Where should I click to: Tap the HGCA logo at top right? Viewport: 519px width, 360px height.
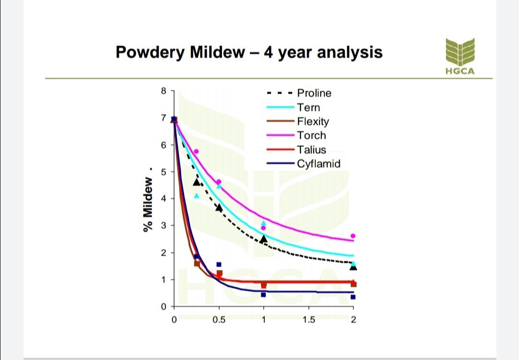pos(459,56)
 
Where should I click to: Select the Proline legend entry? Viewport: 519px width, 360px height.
pos(314,93)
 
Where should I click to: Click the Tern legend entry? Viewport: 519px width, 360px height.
pos(308,107)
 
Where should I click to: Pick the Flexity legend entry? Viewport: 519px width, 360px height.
pos(313,121)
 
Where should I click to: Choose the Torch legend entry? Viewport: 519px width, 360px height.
pos(311,136)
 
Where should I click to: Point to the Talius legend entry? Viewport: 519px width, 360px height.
pos(311,149)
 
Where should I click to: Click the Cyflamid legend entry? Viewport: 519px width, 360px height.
pos(318,163)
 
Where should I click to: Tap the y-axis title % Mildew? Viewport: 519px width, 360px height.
pos(148,204)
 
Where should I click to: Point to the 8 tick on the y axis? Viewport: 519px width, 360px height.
pos(163,90)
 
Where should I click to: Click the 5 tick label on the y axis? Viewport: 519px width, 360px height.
pos(163,172)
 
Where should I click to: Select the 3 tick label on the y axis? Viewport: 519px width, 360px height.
pos(163,225)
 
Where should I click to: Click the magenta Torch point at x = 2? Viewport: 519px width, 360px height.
pos(353,236)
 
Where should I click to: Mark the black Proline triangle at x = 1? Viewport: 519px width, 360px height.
pos(263,238)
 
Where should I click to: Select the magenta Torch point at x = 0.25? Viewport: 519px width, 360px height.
pos(196,151)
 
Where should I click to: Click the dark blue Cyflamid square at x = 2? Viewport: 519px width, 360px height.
pos(353,297)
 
